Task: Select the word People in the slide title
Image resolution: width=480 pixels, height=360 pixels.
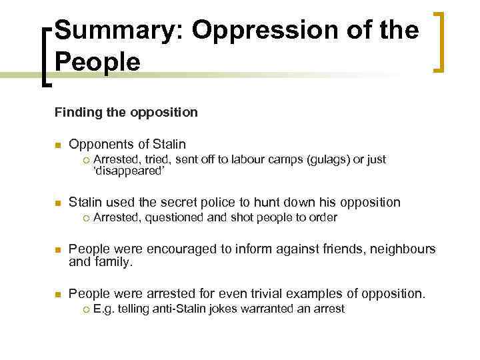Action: point(97,62)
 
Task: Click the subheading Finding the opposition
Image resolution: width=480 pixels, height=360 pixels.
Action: point(126,112)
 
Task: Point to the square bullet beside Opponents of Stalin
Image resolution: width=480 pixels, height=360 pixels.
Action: point(58,145)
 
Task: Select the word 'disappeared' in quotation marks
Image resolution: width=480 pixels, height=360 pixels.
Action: point(127,171)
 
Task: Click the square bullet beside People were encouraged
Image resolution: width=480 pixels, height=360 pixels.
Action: point(58,250)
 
